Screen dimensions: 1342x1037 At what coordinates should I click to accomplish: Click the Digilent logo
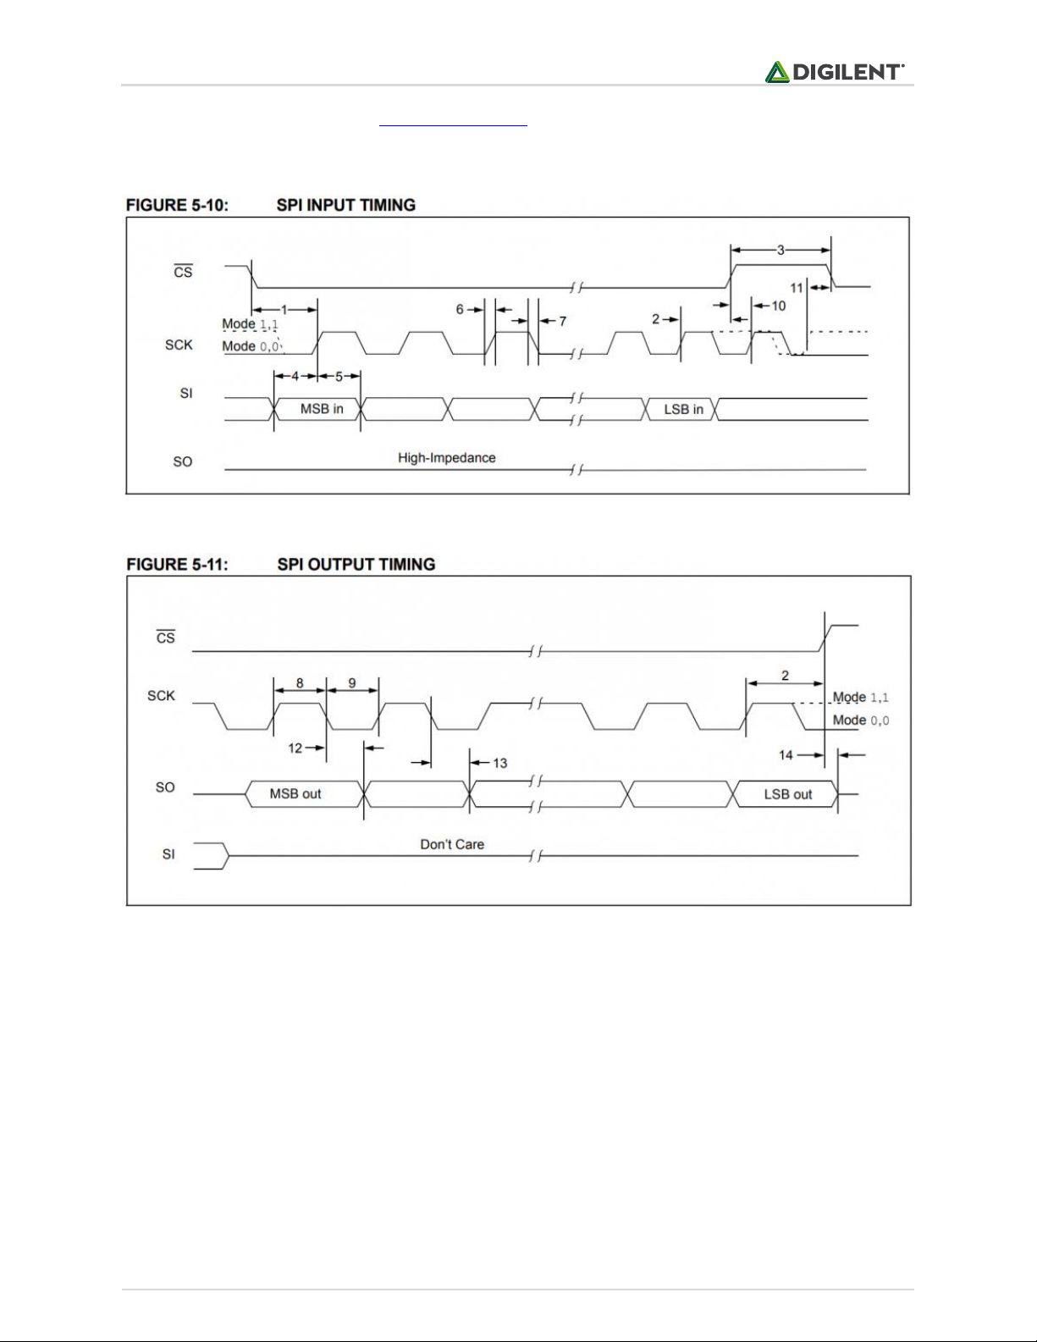point(835,72)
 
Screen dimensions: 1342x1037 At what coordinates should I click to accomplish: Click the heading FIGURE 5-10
point(176,205)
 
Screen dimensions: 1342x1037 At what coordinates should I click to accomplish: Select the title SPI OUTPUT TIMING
point(356,564)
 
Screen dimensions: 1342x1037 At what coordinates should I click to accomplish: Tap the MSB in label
point(322,409)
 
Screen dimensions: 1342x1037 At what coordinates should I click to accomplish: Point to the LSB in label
point(683,409)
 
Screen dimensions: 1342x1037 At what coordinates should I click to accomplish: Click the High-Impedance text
point(446,458)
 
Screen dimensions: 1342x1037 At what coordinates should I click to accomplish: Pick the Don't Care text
point(452,844)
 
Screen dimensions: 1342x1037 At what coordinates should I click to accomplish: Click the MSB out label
point(295,794)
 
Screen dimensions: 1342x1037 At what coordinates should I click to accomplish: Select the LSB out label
point(787,794)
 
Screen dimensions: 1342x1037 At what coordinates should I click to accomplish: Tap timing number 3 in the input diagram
point(781,250)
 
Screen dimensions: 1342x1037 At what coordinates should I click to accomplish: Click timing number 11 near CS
point(797,289)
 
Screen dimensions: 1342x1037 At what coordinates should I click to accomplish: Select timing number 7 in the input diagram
point(562,322)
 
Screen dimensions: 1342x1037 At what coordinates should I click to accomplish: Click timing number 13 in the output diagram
point(499,764)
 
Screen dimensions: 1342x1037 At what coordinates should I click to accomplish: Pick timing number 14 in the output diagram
point(786,755)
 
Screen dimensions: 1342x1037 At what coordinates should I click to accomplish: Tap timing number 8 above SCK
point(299,682)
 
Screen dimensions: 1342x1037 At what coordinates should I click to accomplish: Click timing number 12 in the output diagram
point(295,748)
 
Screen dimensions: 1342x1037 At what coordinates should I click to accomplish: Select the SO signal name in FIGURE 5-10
point(183,462)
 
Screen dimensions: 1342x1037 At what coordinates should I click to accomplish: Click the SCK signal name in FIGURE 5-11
point(161,696)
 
